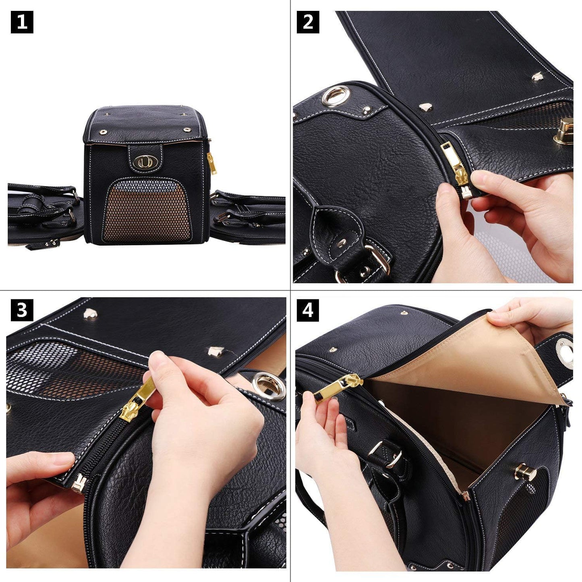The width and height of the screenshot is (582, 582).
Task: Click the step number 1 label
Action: tap(22, 22)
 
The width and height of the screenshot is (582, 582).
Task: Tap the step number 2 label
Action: tap(308, 22)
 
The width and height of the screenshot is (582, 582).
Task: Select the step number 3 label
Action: tap(22, 310)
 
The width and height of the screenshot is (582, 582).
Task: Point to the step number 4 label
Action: tap(308, 310)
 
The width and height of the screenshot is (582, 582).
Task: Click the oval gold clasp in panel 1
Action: tap(144, 162)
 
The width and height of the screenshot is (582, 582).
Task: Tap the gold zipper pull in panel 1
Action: tap(211, 163)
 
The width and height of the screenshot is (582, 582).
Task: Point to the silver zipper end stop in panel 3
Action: tap(79, 482)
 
